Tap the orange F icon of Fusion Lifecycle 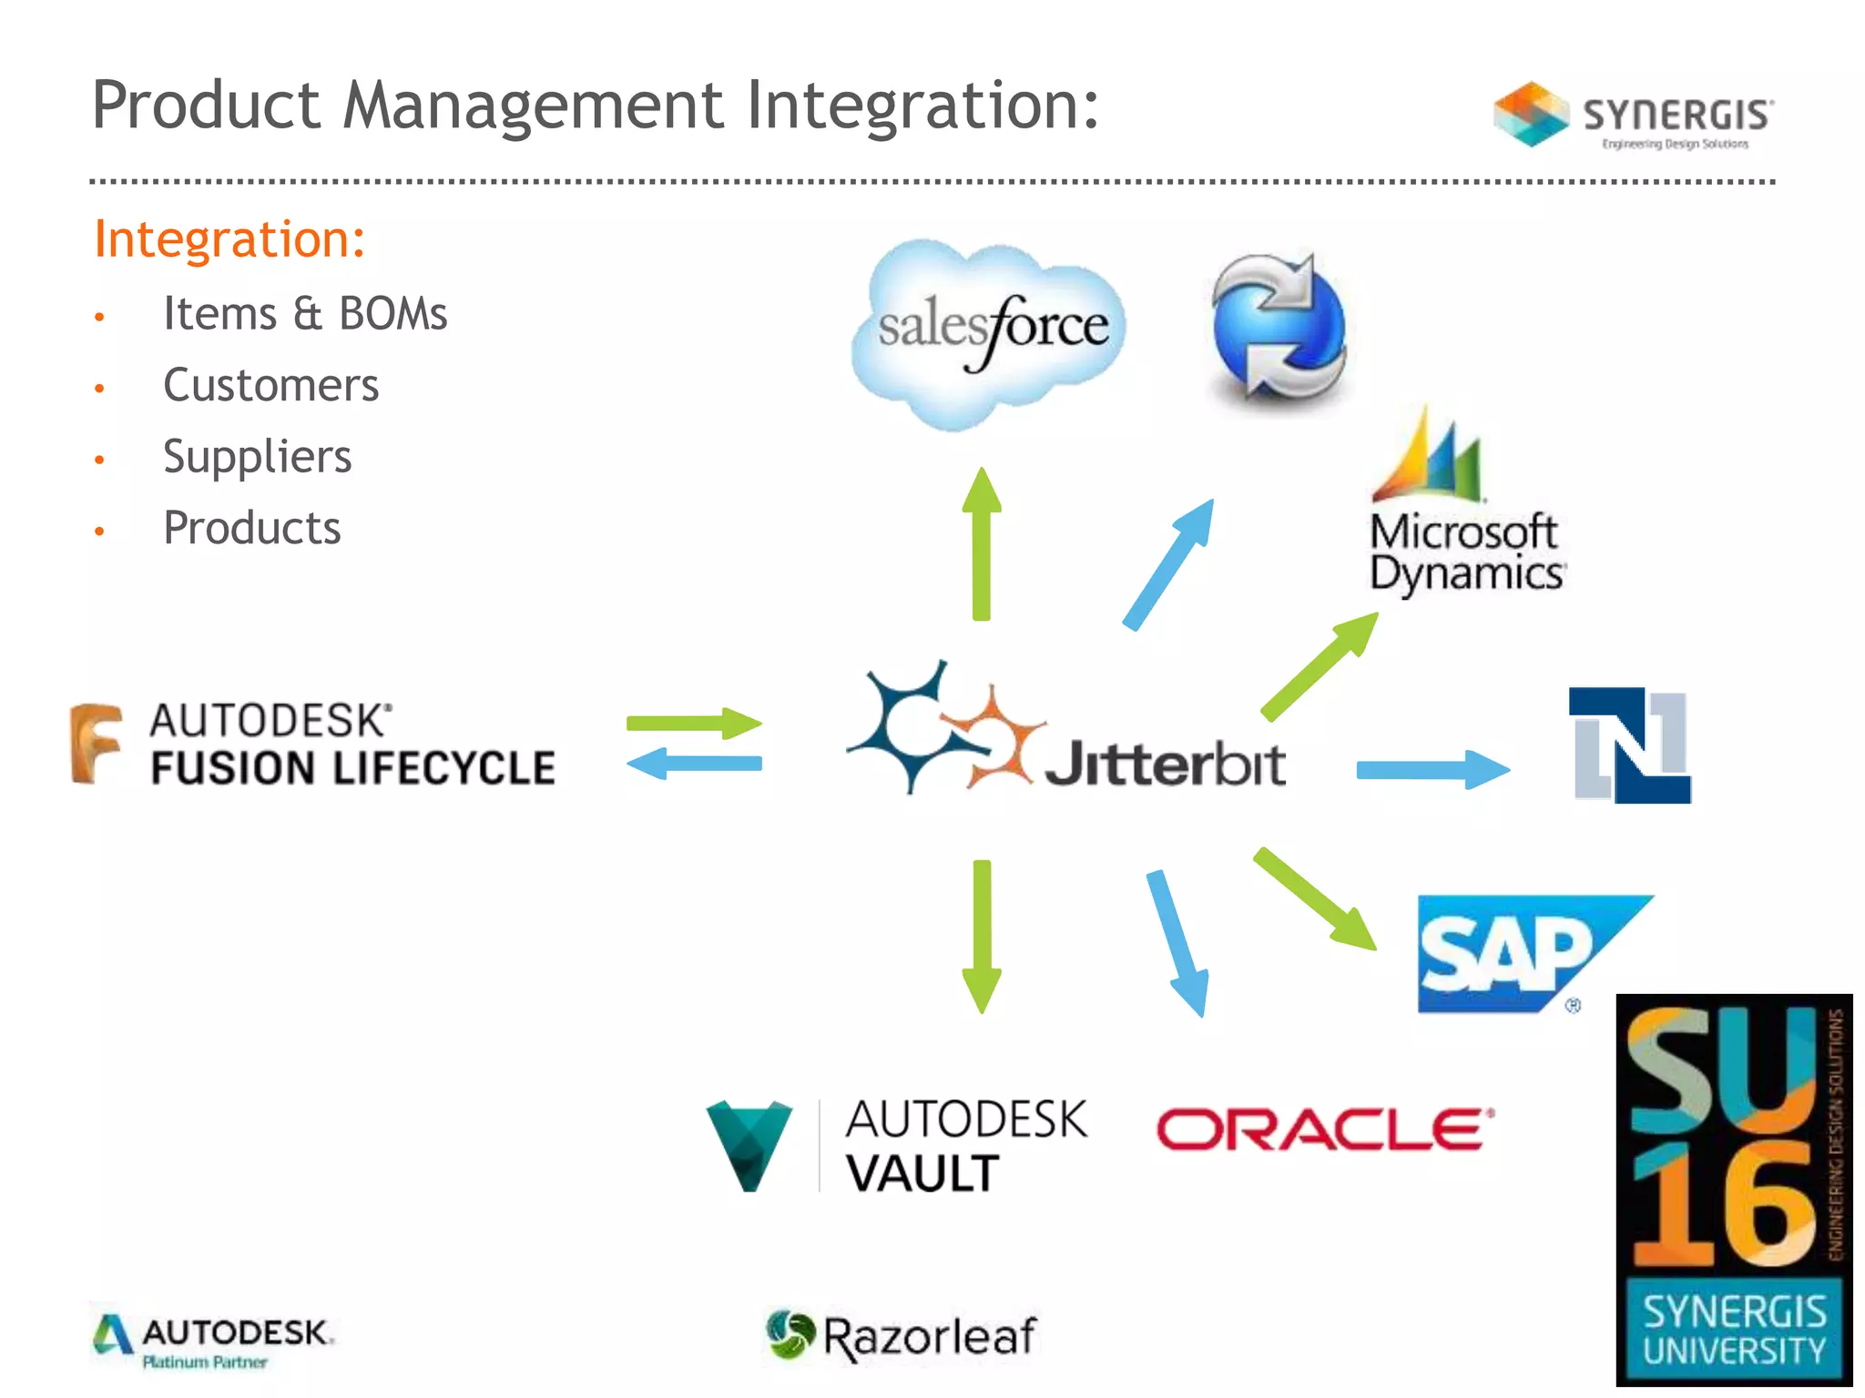[x=96, y=743]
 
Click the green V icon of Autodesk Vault [x=749, y=1145]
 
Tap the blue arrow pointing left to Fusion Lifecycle [x=694, y=764]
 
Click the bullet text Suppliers [x=257, y=456]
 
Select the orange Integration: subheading [x=229, y=239]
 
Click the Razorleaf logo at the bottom [x=901, y=1336]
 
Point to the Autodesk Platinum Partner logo [x=213, y=1341]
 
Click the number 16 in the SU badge [x=1724, y=1206]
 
